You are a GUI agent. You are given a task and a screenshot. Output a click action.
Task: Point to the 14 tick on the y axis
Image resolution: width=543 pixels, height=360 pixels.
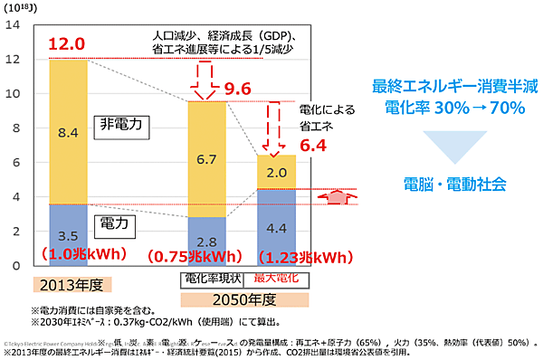[x=13, y=24]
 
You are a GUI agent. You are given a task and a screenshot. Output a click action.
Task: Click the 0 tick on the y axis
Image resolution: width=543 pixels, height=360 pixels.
[x=15, y=266]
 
